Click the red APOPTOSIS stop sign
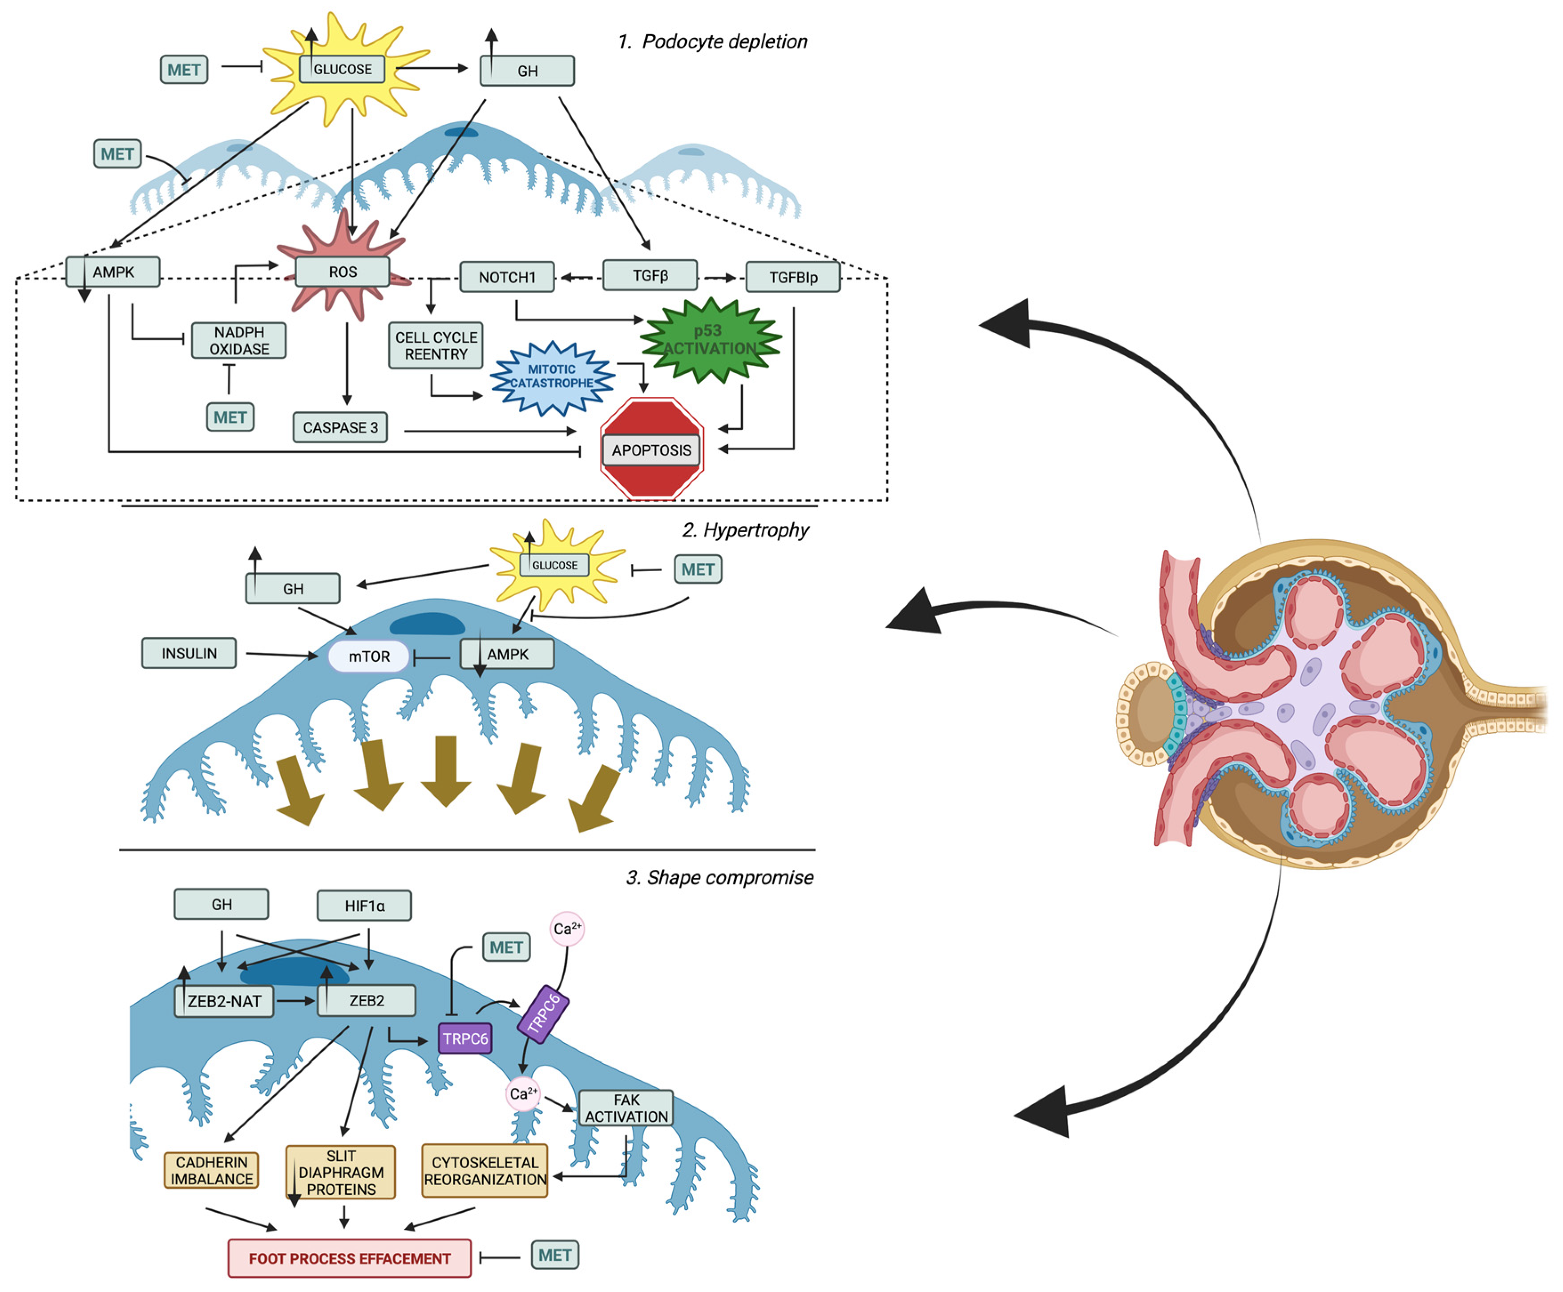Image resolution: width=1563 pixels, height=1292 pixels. click(652, 449)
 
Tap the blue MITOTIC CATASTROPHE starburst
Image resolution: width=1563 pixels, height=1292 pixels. click(552, 377)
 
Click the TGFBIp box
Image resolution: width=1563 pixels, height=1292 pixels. click(793, 277)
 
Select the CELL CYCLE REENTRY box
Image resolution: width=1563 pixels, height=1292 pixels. click(436, 345)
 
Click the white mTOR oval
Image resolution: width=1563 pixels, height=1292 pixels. click(369, 656)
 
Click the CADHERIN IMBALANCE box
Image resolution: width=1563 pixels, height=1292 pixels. click(211, 1171)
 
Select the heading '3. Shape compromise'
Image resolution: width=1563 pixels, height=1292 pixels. click(720, 877)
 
